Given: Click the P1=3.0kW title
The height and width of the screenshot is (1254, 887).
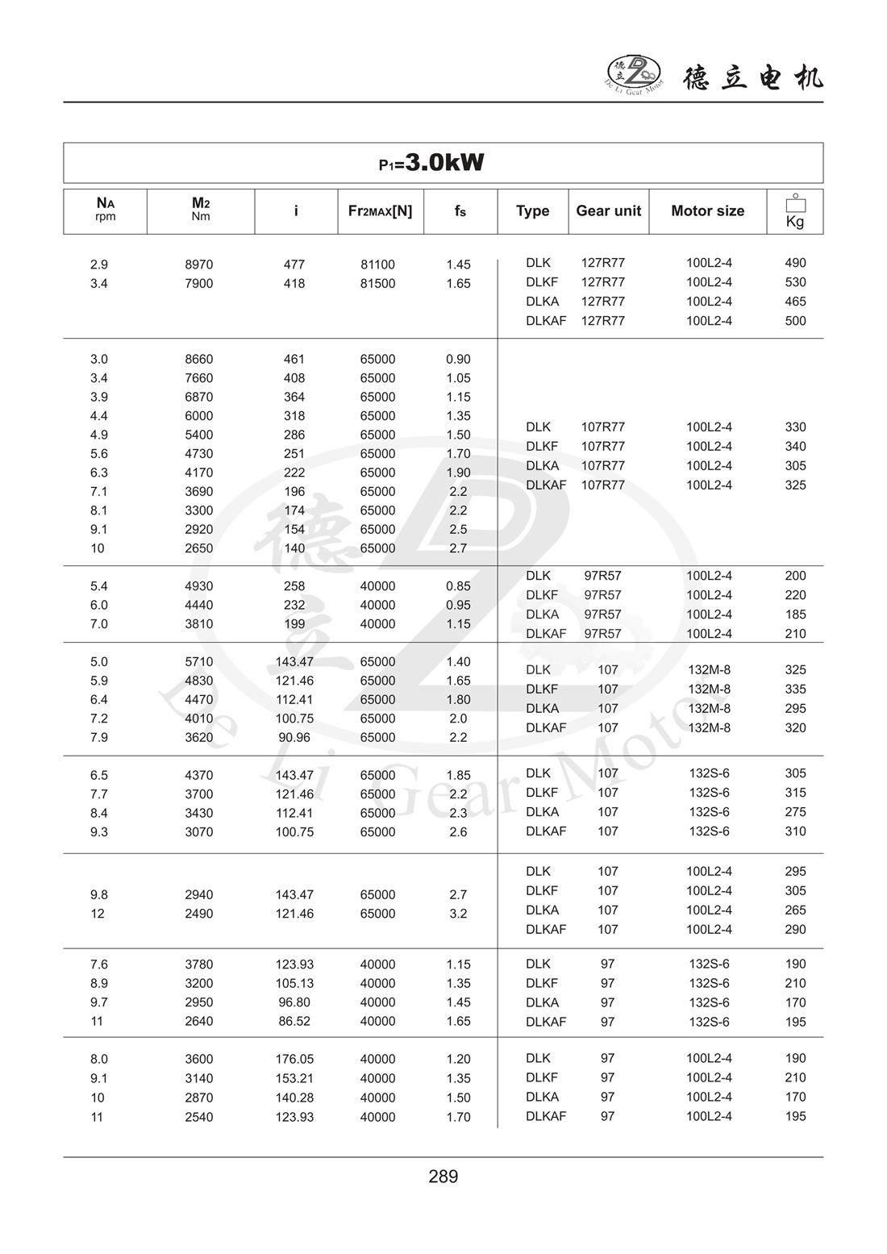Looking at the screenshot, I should pyautogui.click(x=431, y=163).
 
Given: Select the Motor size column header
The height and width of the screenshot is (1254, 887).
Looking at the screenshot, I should pyautogui.click(x=707, y=210).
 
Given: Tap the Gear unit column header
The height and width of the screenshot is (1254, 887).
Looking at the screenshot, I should pyautogui.click(x=608, y=210).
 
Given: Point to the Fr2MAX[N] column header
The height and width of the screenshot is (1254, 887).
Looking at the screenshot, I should pyautogui.click(x=380, y=210).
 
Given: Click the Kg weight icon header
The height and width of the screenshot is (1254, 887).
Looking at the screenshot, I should pyautogui.click(x=795, y=211).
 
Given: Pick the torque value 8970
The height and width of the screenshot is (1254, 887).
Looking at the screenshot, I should pyautogui.click(x=199, y=265).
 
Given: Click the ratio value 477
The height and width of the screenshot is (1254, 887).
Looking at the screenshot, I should pyautogui.click(x=294, y=265).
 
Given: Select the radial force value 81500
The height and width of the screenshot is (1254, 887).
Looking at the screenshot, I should pyautogui.click(x=377, y=284).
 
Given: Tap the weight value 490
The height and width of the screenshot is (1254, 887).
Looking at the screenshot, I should pyautogui.click(x=795, y=263).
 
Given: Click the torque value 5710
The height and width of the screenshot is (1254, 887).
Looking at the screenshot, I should pyautogui.click(x=199, y=662).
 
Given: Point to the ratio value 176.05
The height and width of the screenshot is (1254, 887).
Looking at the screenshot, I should pyautogui.click(x=294, y=1060).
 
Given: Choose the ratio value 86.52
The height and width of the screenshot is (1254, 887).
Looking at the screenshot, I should pyautogui.click(x=294, y=1022).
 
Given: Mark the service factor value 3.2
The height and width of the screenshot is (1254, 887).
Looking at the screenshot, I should pyautogui.click(x=458, y=914).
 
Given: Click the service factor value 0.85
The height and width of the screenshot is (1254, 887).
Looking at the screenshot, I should pyautogui.click(x=458, y=586).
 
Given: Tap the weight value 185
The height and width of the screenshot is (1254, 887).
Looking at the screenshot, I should pyautogui.click(x=795, y=615).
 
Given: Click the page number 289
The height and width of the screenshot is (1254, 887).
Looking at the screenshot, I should pyautogui.click(x=443, y=1177).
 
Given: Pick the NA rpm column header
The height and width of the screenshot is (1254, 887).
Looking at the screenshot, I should pyautogui.click(x=105, y=210).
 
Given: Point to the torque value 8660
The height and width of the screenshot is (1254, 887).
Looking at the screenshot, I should pyautogui.click(x=199, y=360).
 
